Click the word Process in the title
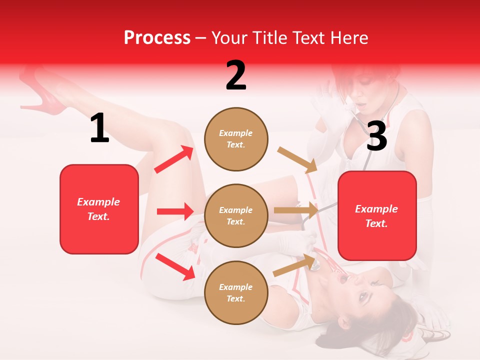point(157,38)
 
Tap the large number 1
point(99,128)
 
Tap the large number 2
point(236,75)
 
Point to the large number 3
point(376,136)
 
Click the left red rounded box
point(99,209)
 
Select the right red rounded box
point(377,215)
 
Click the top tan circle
point(235,139)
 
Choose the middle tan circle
point(235,215)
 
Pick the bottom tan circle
point(235,292)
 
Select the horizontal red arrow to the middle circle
point(175,211)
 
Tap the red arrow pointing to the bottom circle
point(175,266)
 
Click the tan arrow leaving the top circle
point(297,160)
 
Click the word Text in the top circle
point(235,145)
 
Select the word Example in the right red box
point(376,209)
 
